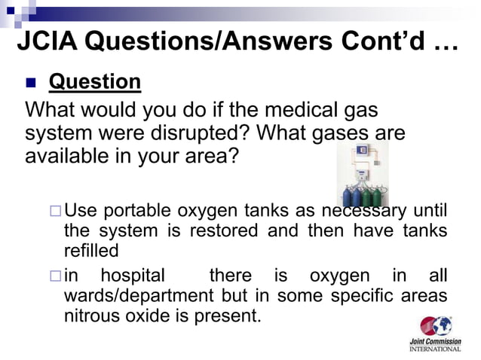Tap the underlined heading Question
[x=94, y=81]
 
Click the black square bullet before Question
[x=31, y=82]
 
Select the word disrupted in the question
[x=200, y=135]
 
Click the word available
[x=69, y=159]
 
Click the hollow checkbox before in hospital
[x=54, y=276]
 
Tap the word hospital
[x=132, y=276]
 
